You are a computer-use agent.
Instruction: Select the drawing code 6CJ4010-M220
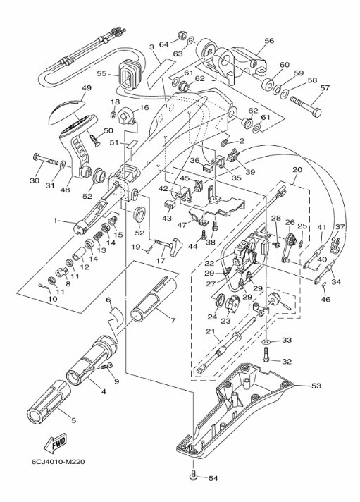point(58,462)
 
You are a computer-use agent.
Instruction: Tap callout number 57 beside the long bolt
point(325,87)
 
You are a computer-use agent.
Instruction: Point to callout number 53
point(316,386)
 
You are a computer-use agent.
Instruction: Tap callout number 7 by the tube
point(173,320)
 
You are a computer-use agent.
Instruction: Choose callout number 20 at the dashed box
point(297,170)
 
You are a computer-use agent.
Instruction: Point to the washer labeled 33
point(266,342)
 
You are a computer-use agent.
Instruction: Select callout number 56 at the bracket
point(269,41)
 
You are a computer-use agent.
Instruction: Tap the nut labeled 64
point(182,35)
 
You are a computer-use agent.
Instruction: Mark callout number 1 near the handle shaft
point(56,220)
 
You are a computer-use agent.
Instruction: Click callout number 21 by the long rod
point(210,331)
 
